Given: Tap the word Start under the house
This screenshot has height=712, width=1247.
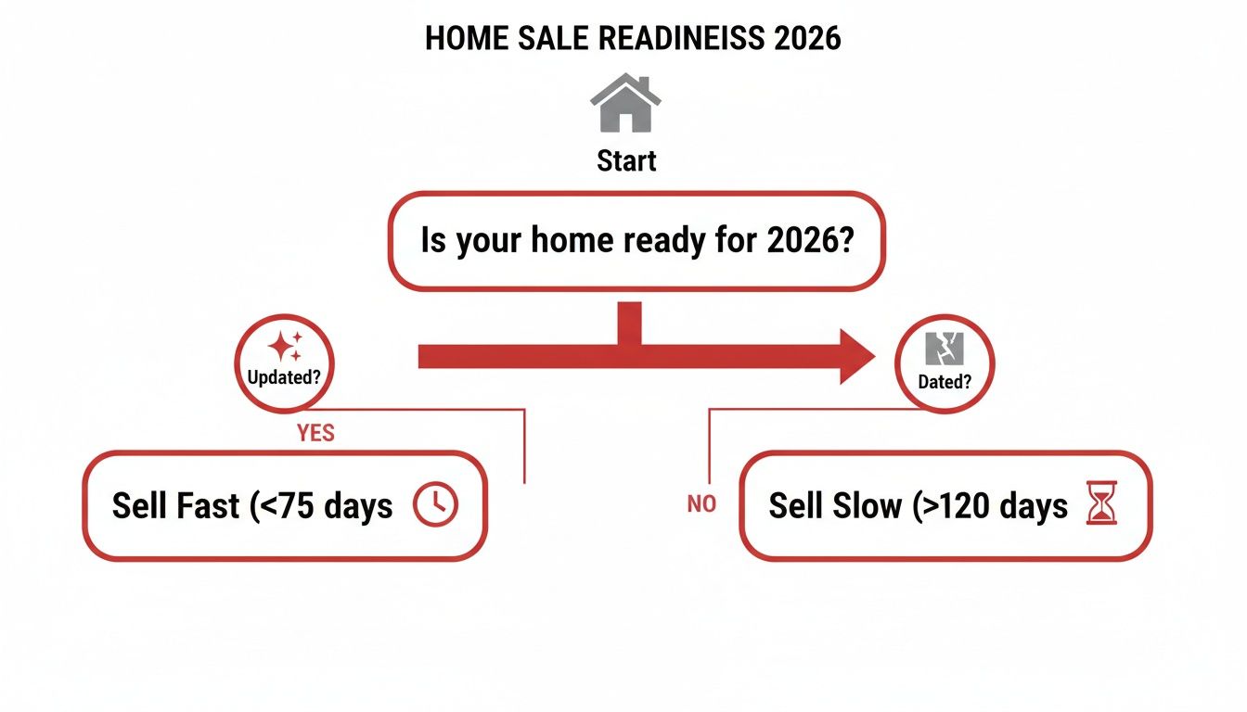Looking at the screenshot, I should [x=626, y=160].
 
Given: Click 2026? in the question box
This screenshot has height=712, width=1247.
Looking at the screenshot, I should [x=810, y=241].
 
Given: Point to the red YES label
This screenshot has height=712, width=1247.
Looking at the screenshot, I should [x=315, y=433].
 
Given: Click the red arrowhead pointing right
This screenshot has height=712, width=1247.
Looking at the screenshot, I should [x=856, y=356].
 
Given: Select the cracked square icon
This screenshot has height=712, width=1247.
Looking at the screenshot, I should [x=945, y=350].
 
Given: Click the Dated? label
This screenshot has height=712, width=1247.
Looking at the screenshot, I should [x=945, y=381].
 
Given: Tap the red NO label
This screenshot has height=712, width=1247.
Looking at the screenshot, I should [x=701, y=505].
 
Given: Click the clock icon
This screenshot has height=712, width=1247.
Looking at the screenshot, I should [x=434, y=505].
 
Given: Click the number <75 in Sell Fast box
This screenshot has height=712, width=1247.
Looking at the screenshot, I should [x=287, y=506].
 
